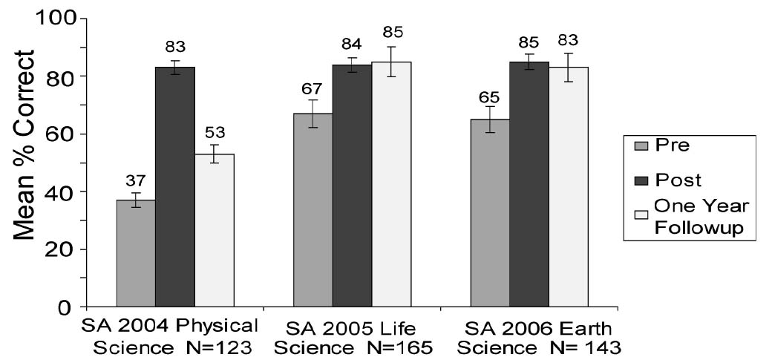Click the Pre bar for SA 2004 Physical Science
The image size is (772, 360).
tap(136, 253)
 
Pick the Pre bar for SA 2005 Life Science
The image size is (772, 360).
tap(313, 210)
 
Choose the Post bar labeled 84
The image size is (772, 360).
tap(352, 186)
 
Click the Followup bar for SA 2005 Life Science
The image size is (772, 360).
tap(390, 184)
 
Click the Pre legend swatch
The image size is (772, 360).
tap(643, 146)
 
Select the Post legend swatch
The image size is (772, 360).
tap(643, 180)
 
